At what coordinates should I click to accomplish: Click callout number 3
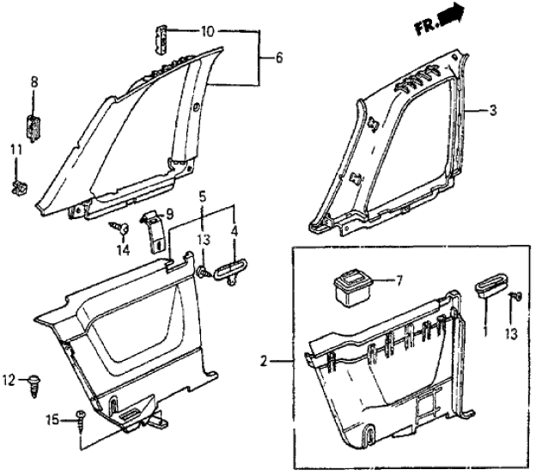[493, 110]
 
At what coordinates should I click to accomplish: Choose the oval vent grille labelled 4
[232, 273]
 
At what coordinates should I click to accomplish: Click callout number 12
[9, 379]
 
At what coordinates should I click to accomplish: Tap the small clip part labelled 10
[161, 37]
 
